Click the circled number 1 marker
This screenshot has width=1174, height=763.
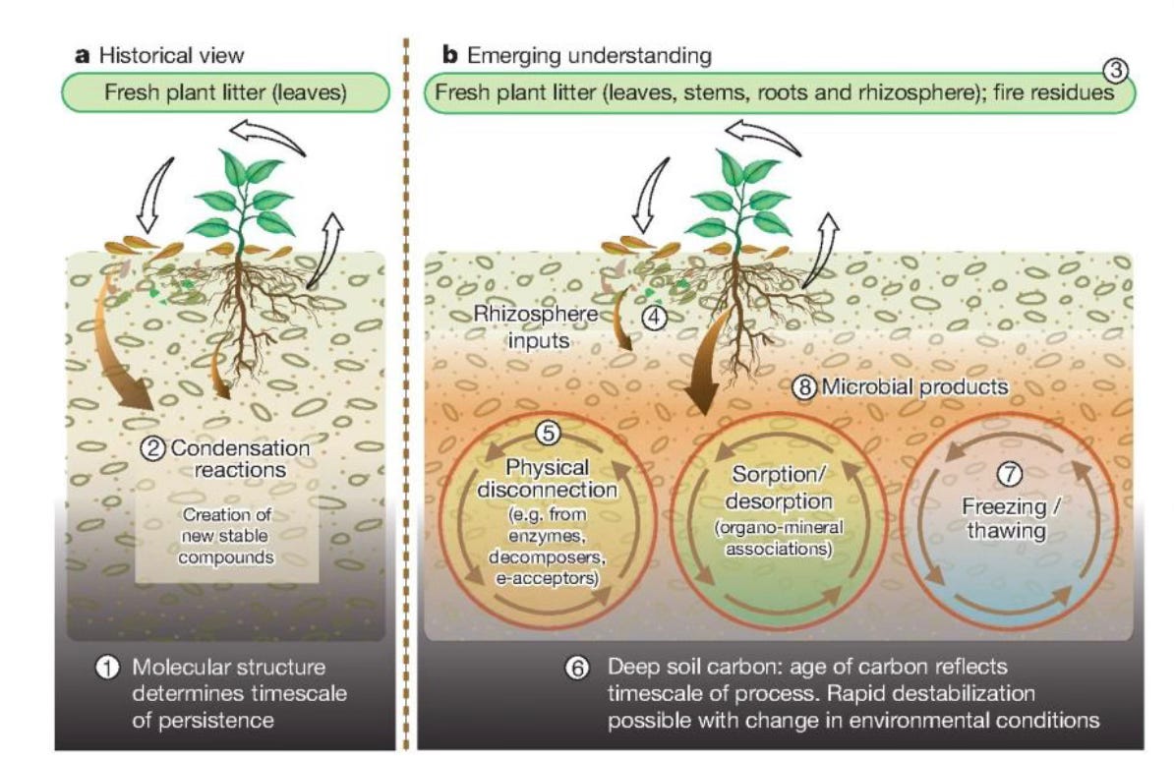point(105,669)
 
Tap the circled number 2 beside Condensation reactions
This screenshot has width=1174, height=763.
point(152,448)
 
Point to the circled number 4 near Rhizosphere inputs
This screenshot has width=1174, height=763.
point(655,317)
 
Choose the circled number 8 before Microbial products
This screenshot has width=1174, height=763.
point(804,387)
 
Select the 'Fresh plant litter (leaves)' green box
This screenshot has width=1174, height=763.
point(225,93)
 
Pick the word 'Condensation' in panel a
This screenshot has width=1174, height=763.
point(240,448)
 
